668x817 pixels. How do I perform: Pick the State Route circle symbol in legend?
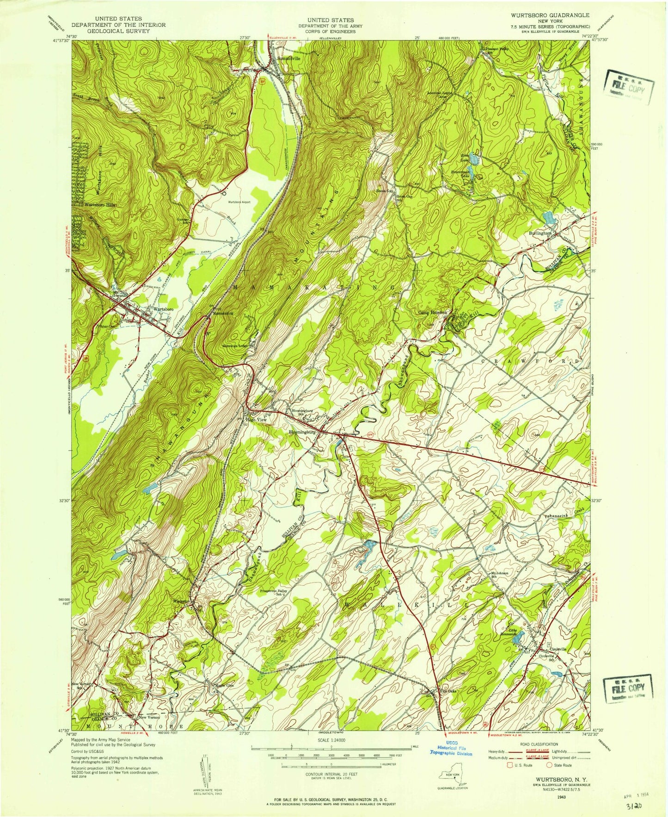[550, 765]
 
